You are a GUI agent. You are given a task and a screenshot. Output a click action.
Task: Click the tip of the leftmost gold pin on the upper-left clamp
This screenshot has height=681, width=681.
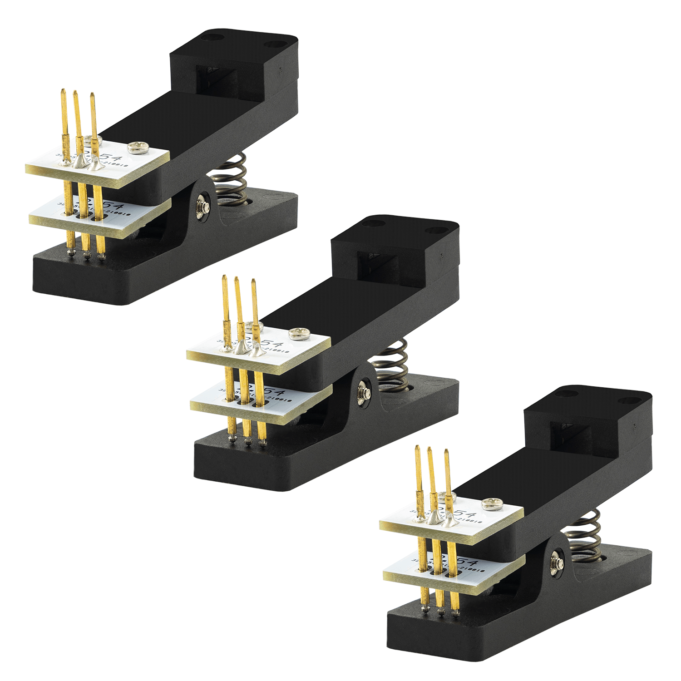point(63,91)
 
